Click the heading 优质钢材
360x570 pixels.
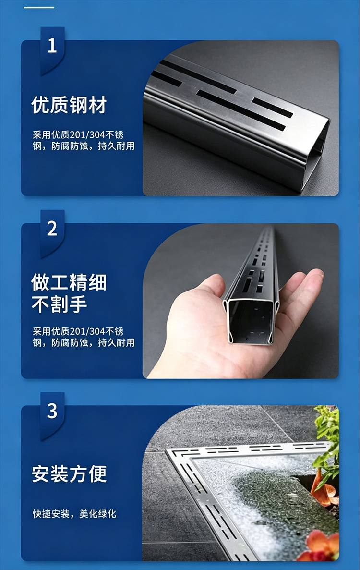[x=69, y=105]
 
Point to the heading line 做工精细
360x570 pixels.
[x=69, y=282]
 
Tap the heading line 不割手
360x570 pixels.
[x=59, y=304]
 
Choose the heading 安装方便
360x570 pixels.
[x=69, y=473]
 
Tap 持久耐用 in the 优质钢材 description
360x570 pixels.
[x=116, y=146]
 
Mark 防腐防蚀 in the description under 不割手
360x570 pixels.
[x=70, y=343]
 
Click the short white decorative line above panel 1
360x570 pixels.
[x=39, y=7]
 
